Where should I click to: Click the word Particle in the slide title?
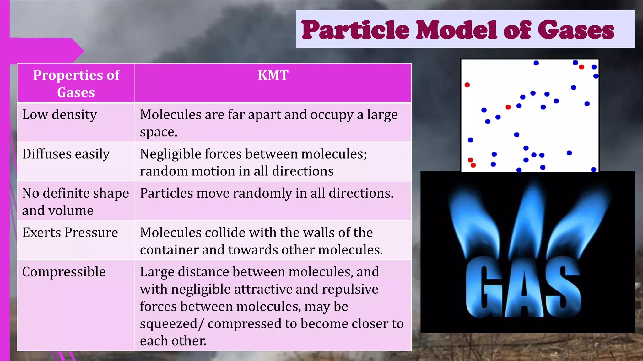coord(355,30)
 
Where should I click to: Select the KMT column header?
coord(273,75)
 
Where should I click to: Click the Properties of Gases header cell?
coord(76,83)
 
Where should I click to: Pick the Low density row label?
coord(60,115)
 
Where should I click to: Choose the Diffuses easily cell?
coord(66,154)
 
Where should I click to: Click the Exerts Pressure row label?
coord(70,233)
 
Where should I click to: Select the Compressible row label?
coord(64,272)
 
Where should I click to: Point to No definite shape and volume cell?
coord(75,202)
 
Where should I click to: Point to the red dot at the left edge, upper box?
coord(467,85)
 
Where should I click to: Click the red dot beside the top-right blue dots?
coord(581,67)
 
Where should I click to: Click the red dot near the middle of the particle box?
coord(508,107)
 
